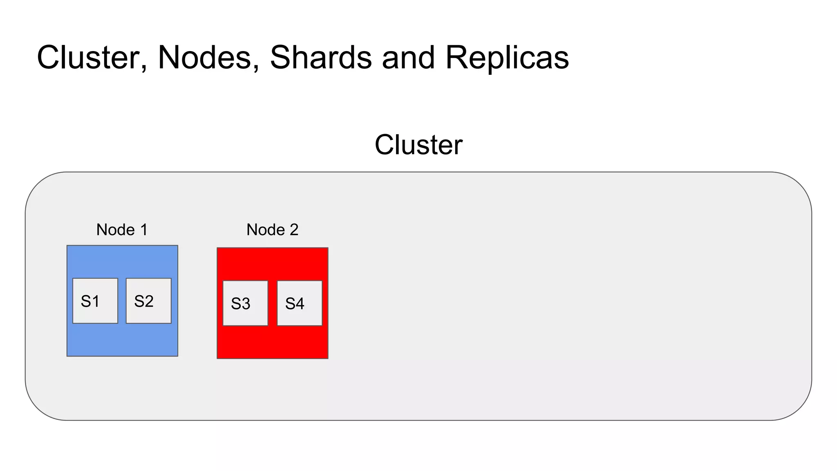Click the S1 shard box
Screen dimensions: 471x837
[95, 301]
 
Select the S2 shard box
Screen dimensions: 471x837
[149, 301]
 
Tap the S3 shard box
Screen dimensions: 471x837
[245, 303]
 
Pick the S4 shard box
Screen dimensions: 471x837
[300, 303]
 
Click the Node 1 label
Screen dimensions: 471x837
[122, 230]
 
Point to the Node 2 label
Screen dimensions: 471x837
[272, 230]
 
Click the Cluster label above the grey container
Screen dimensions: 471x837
[418, 145]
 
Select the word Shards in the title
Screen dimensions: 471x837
[321, 57]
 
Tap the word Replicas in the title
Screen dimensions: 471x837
[507, 57]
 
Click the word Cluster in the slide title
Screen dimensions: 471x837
[92, 57]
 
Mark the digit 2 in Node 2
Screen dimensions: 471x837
[294, 230]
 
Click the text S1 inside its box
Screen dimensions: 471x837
[90, 301]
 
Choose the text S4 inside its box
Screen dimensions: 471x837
[295, 304]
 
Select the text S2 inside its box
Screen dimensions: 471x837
[144, 301]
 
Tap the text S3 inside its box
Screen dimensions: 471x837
[240, 304]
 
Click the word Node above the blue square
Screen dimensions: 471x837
[116, 230]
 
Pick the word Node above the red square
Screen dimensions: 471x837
[266, 230]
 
